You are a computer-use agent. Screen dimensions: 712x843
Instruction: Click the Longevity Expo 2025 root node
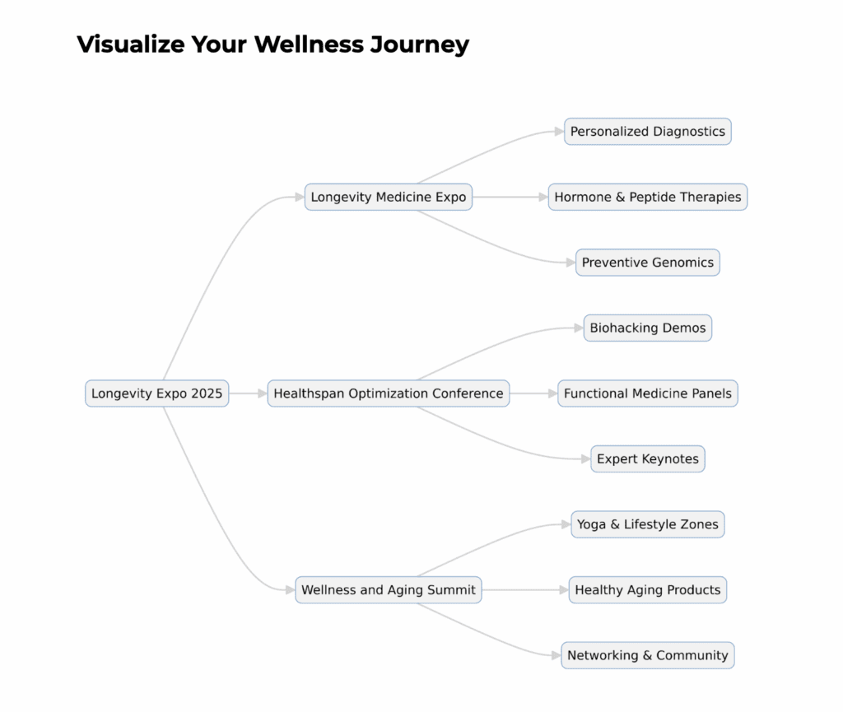156,393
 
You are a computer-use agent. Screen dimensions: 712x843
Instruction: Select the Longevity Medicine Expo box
388,197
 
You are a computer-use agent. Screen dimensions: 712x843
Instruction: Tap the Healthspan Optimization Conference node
388,393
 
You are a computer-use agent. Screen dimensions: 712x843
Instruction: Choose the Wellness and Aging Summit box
388,590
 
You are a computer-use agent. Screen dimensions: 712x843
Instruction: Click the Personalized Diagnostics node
647,132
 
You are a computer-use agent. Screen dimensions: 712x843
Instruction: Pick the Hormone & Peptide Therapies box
647,197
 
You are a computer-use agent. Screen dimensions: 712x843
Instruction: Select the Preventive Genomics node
647,263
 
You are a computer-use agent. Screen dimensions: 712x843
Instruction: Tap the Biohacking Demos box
647,328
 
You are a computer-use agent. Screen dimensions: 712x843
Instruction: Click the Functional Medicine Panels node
647,393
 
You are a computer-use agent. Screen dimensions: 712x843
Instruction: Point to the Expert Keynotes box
647,459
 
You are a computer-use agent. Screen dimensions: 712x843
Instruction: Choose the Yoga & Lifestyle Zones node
647,524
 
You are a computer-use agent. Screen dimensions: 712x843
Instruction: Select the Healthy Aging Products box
647,590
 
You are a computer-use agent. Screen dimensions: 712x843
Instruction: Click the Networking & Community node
647,656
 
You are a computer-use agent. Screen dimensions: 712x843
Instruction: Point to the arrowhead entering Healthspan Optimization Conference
262,393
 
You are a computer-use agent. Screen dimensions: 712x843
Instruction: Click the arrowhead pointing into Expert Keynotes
585,459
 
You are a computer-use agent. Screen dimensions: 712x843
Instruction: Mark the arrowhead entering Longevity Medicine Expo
299,197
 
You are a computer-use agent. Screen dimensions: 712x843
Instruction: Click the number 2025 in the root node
207,393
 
